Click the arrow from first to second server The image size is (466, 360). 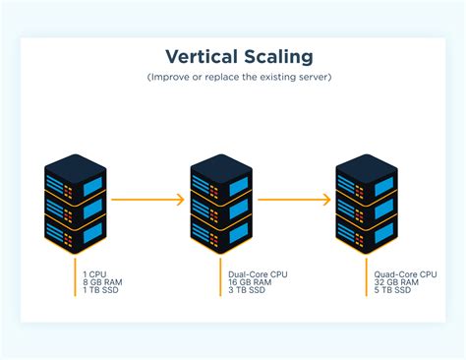pyautogui.click(x=147, y=200)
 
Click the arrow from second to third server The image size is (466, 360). pyautogui.click(x=294, y=200)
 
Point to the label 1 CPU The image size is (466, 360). pyautogui.click(x=94, y=273)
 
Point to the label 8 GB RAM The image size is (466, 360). pyautogui.click(x=102, y=281)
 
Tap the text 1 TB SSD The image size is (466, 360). pyautogui.click(x=102, y=289)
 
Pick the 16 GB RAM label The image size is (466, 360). pyautogui.click(x=250, y=281)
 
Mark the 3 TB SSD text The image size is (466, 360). pyautogui.click(x=248, y=289)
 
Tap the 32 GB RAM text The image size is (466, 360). pyautogui.click(x=395, y=281)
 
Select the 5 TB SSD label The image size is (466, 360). pyautogui.click(x=393, y=289)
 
